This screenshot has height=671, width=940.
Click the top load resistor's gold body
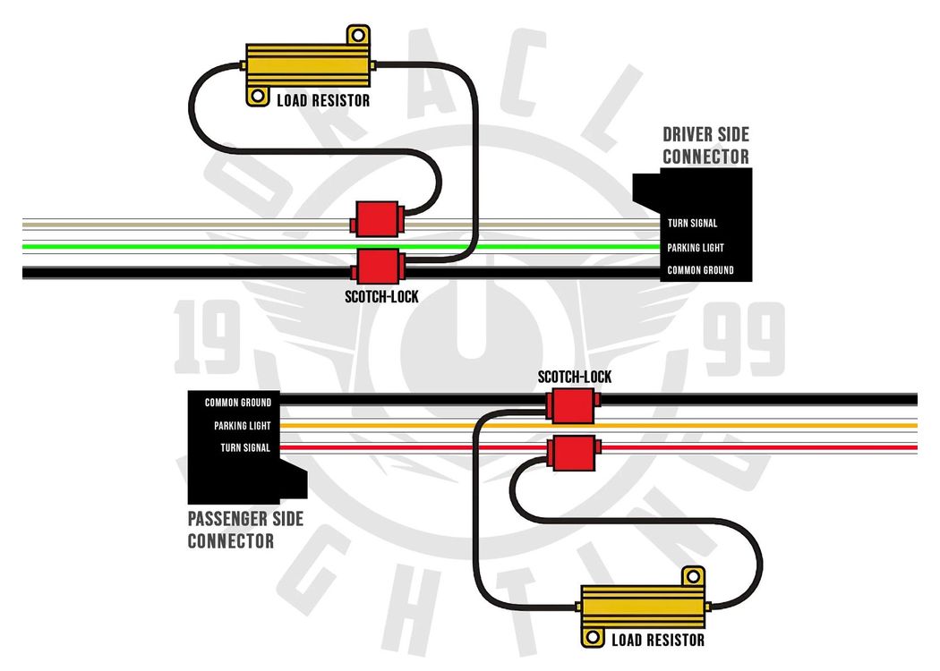tap(308, 65)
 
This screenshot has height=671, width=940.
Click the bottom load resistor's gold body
tap(644, 607)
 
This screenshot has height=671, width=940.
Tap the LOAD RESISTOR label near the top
tap(323, 100)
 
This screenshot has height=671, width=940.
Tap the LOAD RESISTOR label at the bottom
tap(658, 640)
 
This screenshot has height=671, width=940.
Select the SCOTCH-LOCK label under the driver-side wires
tap(381, 296)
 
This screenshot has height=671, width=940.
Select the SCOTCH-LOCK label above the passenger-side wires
tap(575, 377)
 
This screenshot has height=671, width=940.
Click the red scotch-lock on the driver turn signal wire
tap(378, 219)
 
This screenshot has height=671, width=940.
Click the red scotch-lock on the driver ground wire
tap(378, 267)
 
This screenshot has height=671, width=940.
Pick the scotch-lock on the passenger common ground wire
tap(573, 405)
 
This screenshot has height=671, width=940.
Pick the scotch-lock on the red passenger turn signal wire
tap(573, 453)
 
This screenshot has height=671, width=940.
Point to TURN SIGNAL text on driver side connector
tap(692, 224)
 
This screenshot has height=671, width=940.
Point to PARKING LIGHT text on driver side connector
tap(696, 248)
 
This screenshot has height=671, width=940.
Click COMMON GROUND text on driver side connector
tap(700, 270)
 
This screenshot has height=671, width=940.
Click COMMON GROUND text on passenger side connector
tap(238, 403)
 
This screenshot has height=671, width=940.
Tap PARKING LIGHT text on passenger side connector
tap(243, 425)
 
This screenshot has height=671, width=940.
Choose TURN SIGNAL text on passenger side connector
tap(245, 447)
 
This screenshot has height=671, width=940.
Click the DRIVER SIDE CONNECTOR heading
tap(705, 146)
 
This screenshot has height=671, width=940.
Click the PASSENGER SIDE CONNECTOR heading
tap(246, 530)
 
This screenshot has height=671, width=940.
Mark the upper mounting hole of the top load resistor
tap(358, 36)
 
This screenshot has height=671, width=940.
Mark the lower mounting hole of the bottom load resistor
tap(593, 637)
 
